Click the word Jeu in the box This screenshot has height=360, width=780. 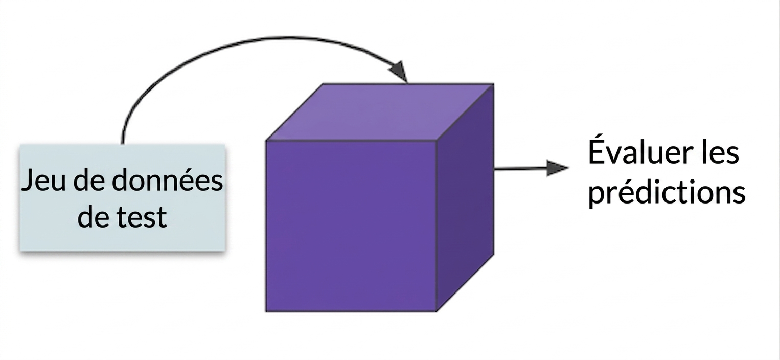pyautogui.click(x=43, y=180)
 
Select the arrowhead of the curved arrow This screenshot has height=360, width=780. pyautogui.click(x=399, y=72)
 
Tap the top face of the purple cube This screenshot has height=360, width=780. pyautogui.click(x=380, y=112)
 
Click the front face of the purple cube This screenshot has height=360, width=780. pyautogui.click(x=351, y=226)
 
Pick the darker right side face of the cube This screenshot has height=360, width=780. pyautogui.click(x=465, y=197)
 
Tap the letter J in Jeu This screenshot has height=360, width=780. pyautogui.click(x=28, y=180)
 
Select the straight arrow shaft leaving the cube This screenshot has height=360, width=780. pyautogui.click(x=520, y=169)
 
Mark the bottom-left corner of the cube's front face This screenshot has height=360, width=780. pyautogui.click(x=266, y=311)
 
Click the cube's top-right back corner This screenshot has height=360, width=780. pyautogui.click(x=494, y=84)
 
